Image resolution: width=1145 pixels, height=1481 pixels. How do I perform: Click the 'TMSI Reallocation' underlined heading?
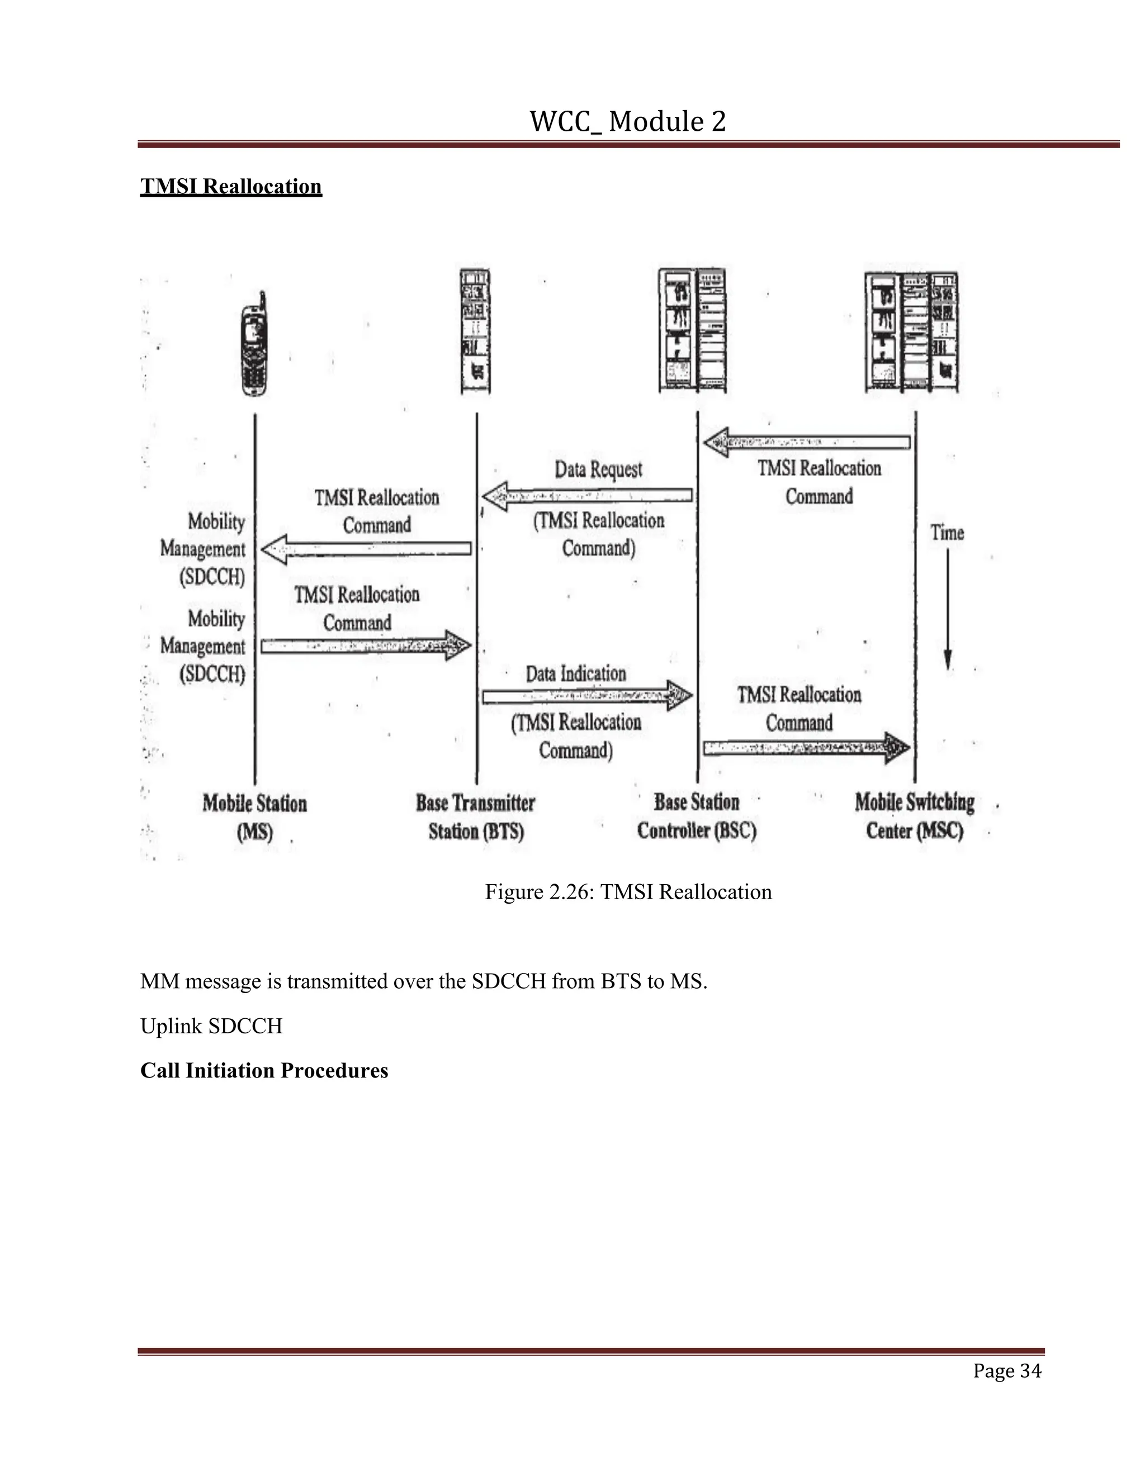pyautogui.click(x=231, y=187)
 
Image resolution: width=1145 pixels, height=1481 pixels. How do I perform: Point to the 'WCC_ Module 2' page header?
pyautogui.click(x=627, y=121)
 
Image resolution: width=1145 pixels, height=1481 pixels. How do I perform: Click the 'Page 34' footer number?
pyautogui.click(x=1006, y=1370)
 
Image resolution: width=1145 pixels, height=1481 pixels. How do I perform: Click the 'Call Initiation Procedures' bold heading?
pyautogui.click(x=264, y=1070)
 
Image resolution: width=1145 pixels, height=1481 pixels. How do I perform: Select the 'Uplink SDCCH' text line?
pyautogui.click(x=211, y=1026)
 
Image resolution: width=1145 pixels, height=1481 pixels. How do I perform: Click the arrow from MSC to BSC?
pyautogui.click(x=807, y=443)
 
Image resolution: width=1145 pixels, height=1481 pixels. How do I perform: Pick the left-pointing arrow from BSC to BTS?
pyautogui.click(x=588, y=496)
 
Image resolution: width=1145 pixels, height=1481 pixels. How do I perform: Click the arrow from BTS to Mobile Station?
pyautogui.click(x=366, y=549)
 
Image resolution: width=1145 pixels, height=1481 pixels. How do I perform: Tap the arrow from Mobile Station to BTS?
pyautogui.click(x=366, y=645)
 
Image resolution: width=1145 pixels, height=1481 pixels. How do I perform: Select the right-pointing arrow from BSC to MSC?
pyautogui.click(x=807, y=747)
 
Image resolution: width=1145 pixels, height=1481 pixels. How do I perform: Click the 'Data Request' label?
pyautogui.click(x=598, y=469)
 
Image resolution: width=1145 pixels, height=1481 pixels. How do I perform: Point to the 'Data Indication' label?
pyautogui.click(x=576, y=673)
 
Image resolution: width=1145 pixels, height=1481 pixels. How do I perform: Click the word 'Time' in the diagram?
pyautogui.click(x=947, y=532)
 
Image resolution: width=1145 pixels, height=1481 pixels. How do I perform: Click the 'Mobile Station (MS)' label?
pyautogui.click(x=255, y=817)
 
